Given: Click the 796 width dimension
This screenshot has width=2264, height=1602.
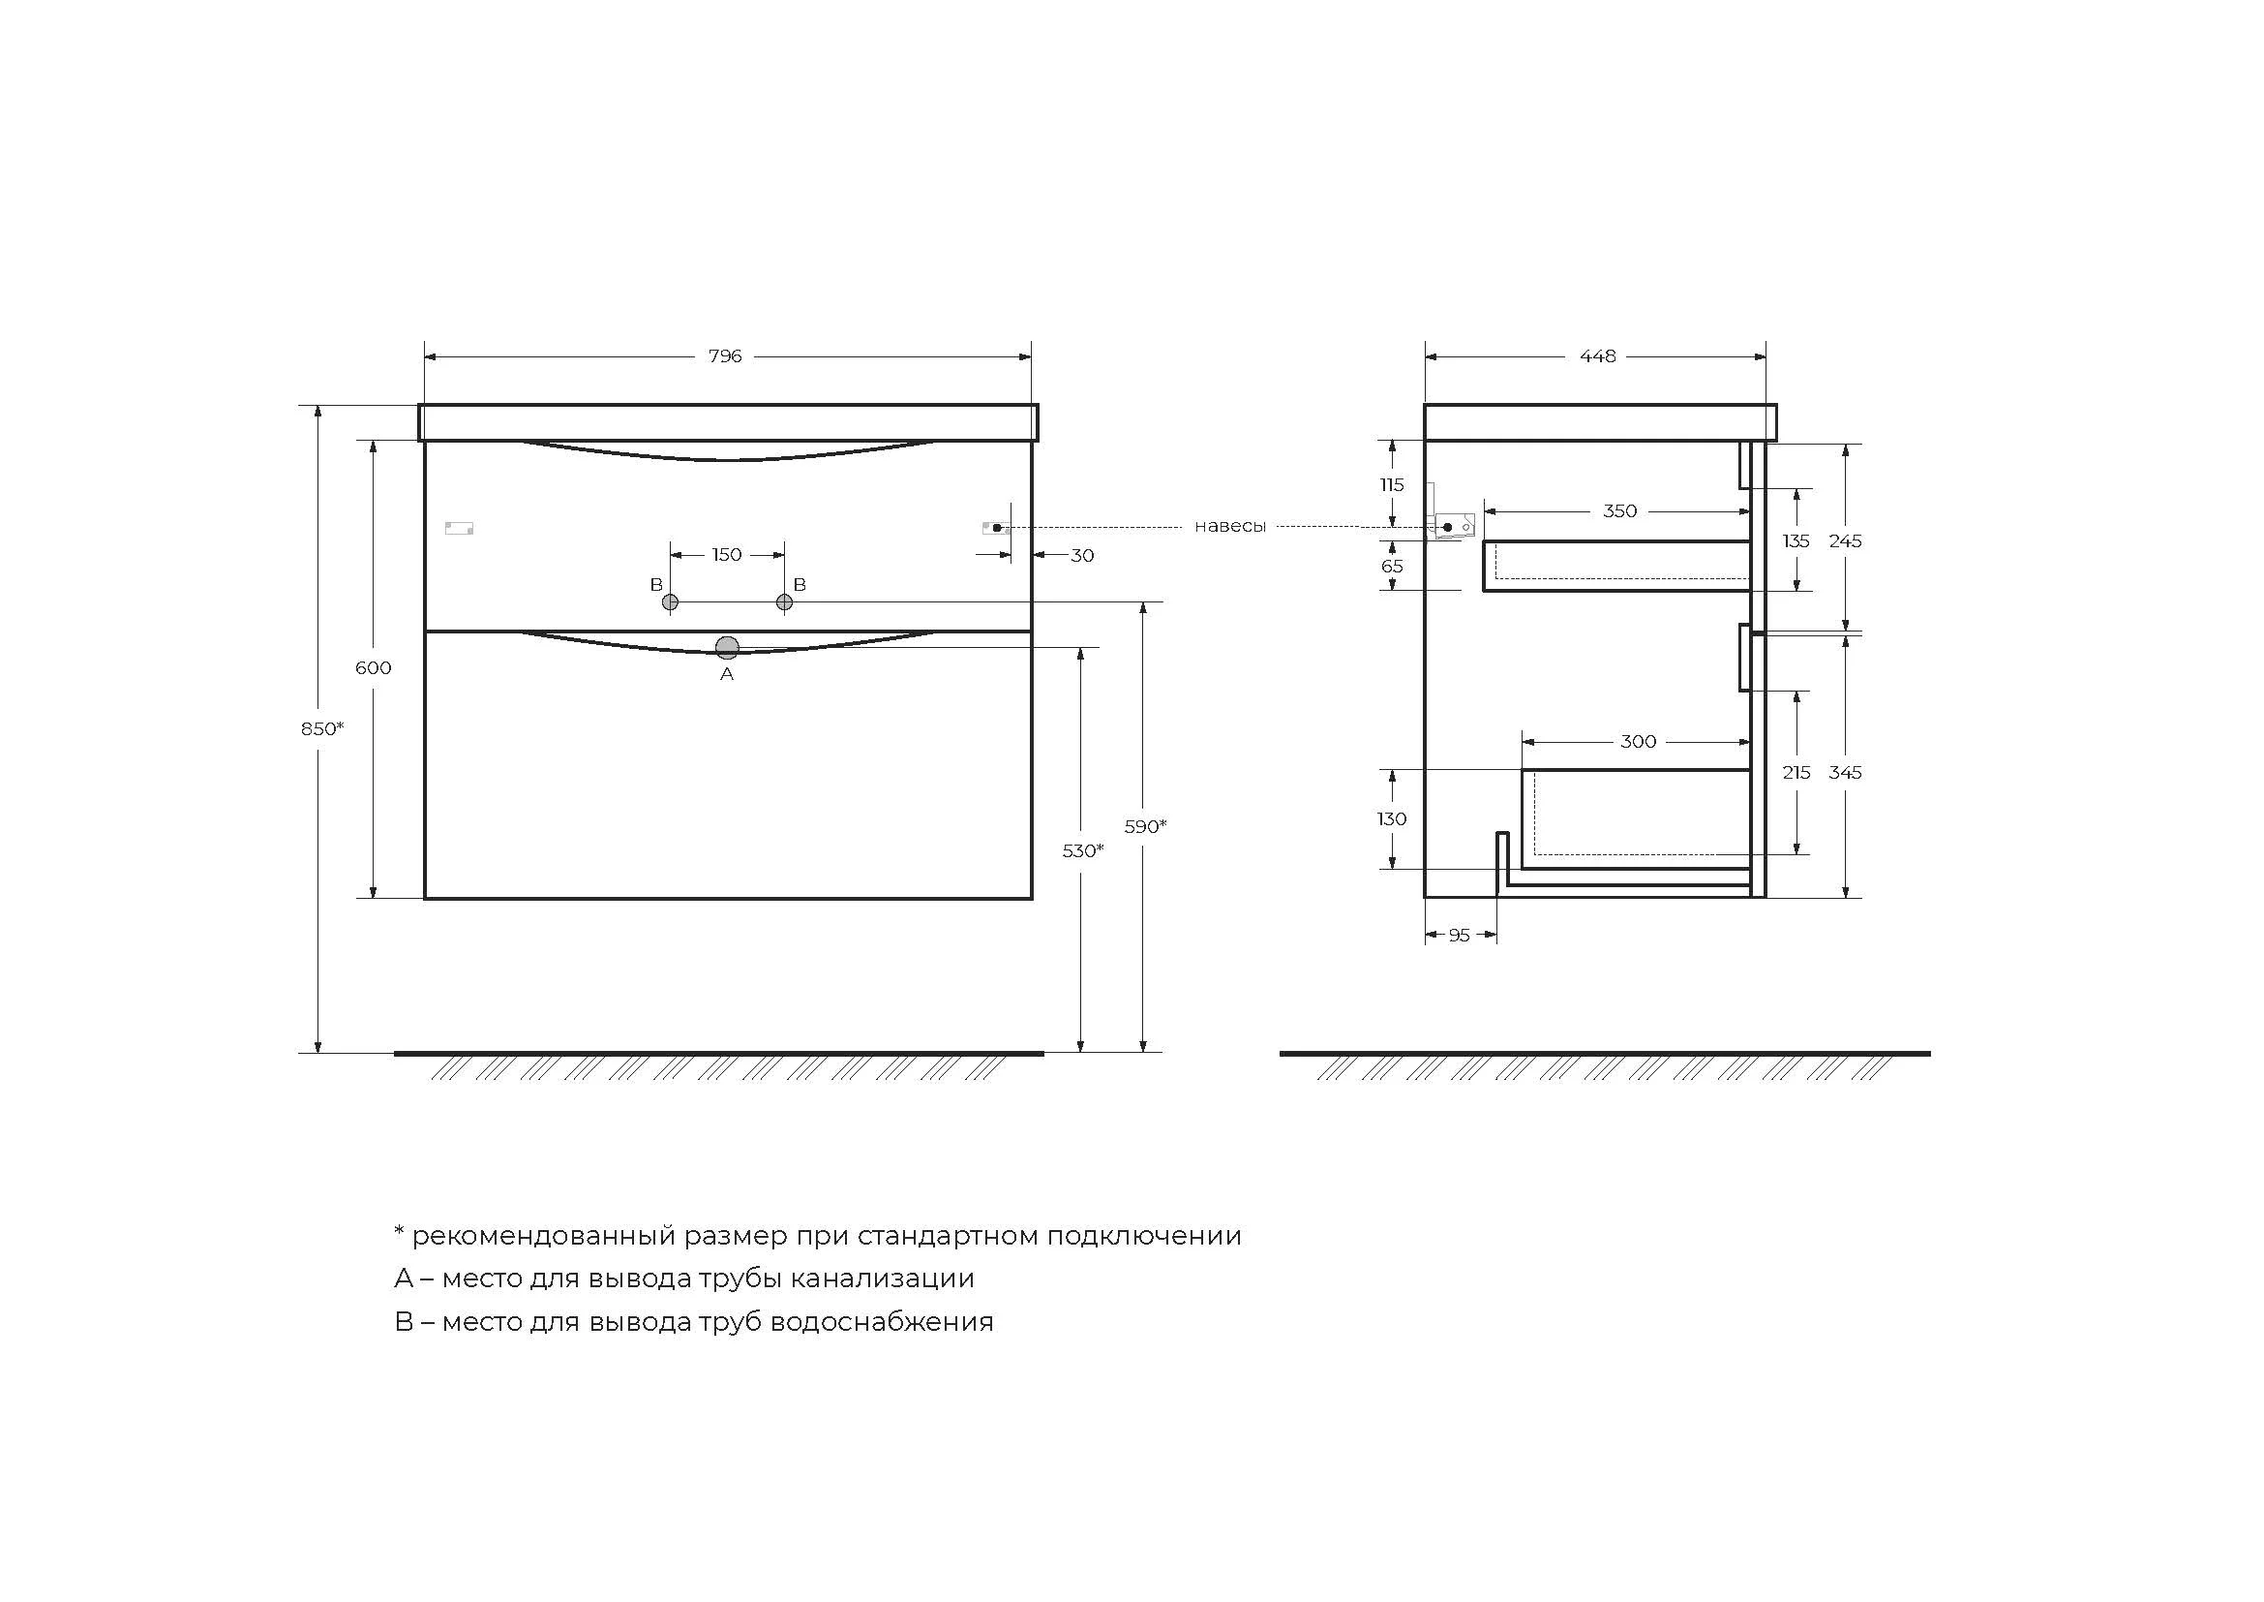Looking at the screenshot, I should tap(725, 356).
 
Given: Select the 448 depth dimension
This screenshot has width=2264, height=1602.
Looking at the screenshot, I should tap(1597, 356).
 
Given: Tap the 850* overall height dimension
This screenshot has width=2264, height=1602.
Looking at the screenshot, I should tap(322, 728).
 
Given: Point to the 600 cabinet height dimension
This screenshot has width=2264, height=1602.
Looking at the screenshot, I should tap(374, 668).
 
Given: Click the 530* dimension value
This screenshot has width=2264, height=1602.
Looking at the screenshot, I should tap(1083, 850).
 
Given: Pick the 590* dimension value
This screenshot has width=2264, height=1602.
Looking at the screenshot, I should tap(1146, 825).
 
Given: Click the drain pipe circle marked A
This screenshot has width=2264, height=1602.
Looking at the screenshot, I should tap(728, 647).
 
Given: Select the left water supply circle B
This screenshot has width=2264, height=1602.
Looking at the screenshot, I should tap(671, 601).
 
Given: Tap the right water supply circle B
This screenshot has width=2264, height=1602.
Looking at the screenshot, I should tap(785, 601).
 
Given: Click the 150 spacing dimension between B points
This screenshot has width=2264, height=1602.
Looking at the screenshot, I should tap(727, 555).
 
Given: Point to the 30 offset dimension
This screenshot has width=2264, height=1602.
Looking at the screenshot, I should tap(1083, 555).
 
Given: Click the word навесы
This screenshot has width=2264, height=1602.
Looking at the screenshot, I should tap(1229, 527).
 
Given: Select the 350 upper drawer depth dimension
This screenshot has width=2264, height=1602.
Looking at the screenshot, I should tap(1620, 511).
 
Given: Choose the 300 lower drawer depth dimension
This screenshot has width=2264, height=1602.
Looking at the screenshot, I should tap(1638, 742).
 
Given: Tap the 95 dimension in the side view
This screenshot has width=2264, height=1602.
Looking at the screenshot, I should tap(1460, 936).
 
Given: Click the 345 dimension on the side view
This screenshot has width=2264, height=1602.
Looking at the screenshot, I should tap(1845, 772).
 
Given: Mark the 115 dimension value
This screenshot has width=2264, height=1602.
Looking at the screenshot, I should tap(1391, 484).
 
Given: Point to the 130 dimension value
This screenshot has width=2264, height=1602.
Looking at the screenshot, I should tap(1391, 818).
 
